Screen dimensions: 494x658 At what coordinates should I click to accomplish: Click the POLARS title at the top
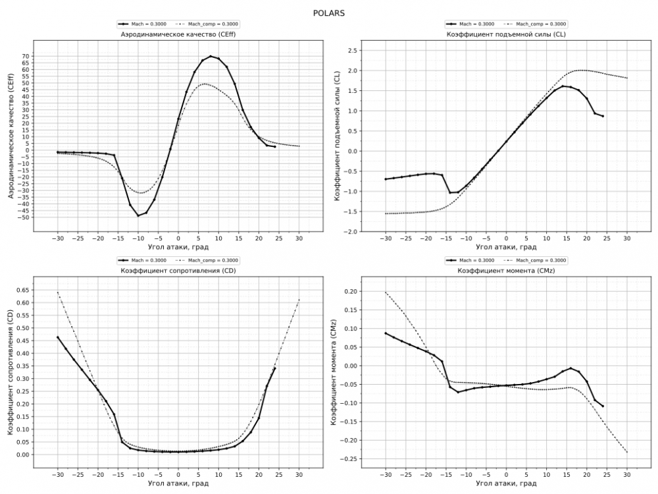(329, 13)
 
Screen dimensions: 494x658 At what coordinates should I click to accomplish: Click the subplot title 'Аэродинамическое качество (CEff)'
(178, 34)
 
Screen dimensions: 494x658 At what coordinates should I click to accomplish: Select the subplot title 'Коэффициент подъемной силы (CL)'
(506, 34)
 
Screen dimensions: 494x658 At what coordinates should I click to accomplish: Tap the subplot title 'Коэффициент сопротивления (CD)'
(178, 271)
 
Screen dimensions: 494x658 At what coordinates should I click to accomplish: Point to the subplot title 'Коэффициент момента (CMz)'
(506, 271)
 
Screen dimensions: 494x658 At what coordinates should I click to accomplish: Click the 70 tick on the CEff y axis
(25, 56)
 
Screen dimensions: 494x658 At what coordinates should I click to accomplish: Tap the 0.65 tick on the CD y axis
(22, 290)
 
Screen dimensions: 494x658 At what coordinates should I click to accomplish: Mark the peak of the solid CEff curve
(211, 57)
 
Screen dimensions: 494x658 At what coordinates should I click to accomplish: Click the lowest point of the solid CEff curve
(138, 215)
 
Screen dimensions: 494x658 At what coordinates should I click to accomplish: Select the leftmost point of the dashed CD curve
(58, 292)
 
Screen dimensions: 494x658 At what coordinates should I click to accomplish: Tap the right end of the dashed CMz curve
(627, 452)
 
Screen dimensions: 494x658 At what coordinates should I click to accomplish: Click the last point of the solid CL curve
(603, 116)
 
